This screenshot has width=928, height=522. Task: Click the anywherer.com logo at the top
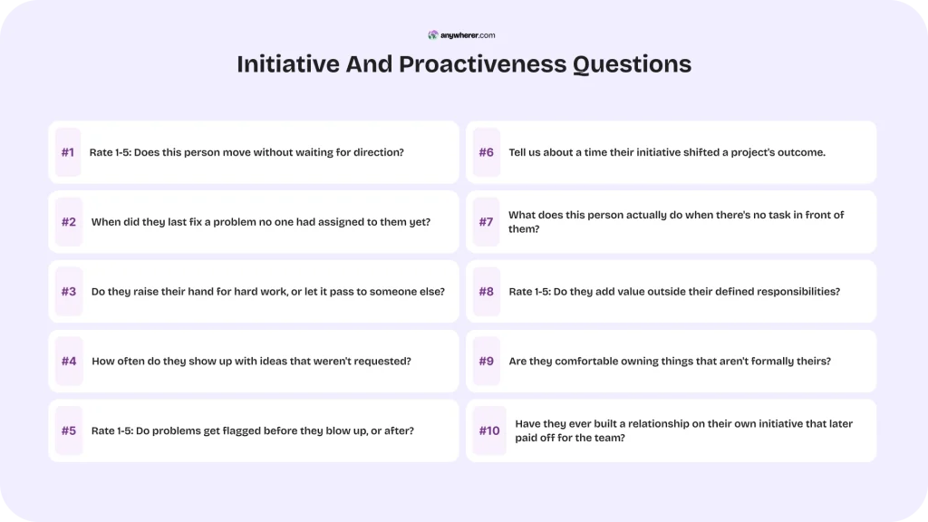pos(462,35)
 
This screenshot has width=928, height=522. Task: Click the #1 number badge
pos(68,152)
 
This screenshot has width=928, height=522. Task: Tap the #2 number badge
pos(69,222)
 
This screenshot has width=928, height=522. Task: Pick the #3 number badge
pos(69,292)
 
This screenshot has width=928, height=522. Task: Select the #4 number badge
pos(69,361)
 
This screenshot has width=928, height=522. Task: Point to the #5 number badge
pos(69,430)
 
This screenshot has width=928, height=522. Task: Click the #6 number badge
pos(487,152)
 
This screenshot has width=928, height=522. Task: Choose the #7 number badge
pos(487,222)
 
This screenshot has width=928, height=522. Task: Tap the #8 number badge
pos(487,292)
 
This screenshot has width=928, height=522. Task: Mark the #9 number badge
pos(487,361)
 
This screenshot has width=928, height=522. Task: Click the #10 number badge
pos(489,430)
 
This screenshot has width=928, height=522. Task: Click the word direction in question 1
pos(376,152)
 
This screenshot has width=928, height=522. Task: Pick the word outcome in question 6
pos(796,152)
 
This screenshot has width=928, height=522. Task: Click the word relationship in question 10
pos(646,423)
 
